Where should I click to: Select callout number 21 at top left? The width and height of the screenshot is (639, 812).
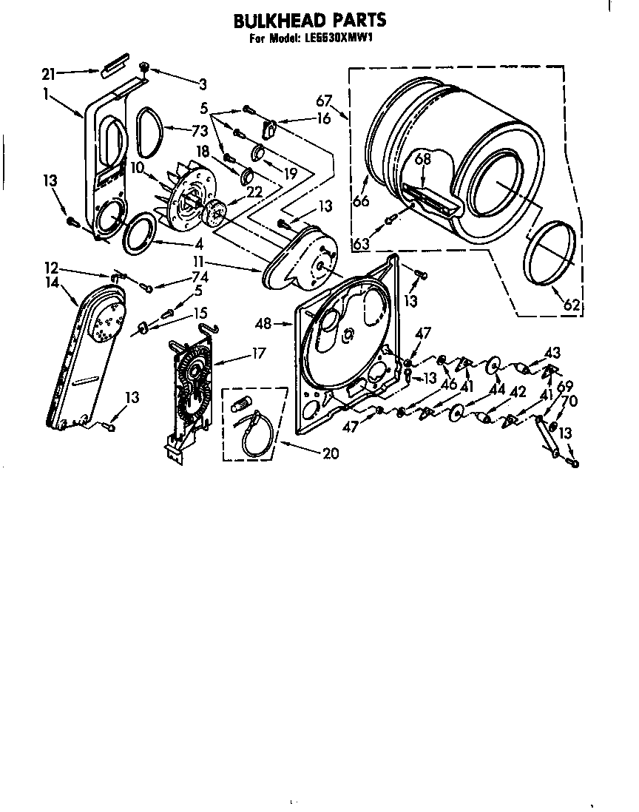[x=49, y=72]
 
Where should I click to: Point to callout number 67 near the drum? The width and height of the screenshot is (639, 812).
[x=324, y=101]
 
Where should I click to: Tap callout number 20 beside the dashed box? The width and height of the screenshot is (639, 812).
[x=331, y=453]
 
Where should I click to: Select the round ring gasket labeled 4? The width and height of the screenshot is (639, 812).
[x=139, y=234]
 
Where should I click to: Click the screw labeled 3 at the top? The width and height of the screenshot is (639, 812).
[x=145, y=68]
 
